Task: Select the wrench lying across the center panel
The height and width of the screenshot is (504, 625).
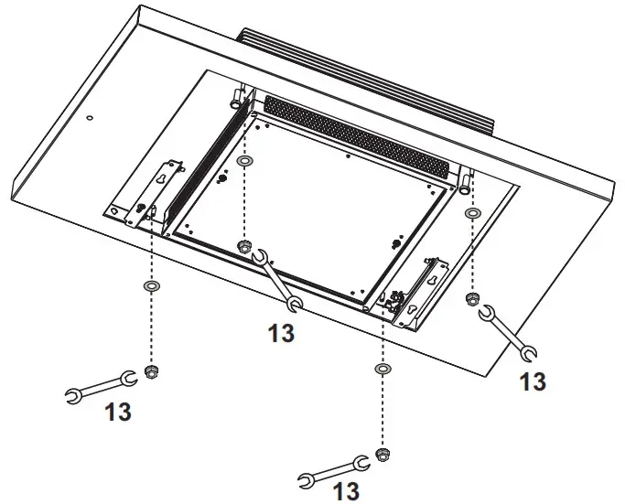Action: (x=277, y=280)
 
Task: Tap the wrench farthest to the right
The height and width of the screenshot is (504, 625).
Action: (x=510, y=332)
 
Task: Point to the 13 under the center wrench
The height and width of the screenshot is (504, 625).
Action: (x=281, y=334)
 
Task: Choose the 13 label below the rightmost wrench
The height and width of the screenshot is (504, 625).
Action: (x=532, y=381)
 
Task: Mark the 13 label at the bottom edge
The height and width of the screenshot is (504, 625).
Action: (x=345, y=492)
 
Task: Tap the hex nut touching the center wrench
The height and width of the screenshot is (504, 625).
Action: (x=244, y=248)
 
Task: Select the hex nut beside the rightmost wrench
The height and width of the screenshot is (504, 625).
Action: (x=472, y=299)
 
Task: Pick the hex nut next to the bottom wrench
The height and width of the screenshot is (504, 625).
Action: (x=383, y=454)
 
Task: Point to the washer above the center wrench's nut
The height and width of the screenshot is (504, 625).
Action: (x=244, y=163)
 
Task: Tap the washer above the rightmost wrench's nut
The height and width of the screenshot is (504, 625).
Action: (x=472, y=214)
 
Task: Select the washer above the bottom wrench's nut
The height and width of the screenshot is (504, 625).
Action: (x=383, y=369)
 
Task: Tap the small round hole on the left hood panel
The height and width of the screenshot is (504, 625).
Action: (x=89, y=118)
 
